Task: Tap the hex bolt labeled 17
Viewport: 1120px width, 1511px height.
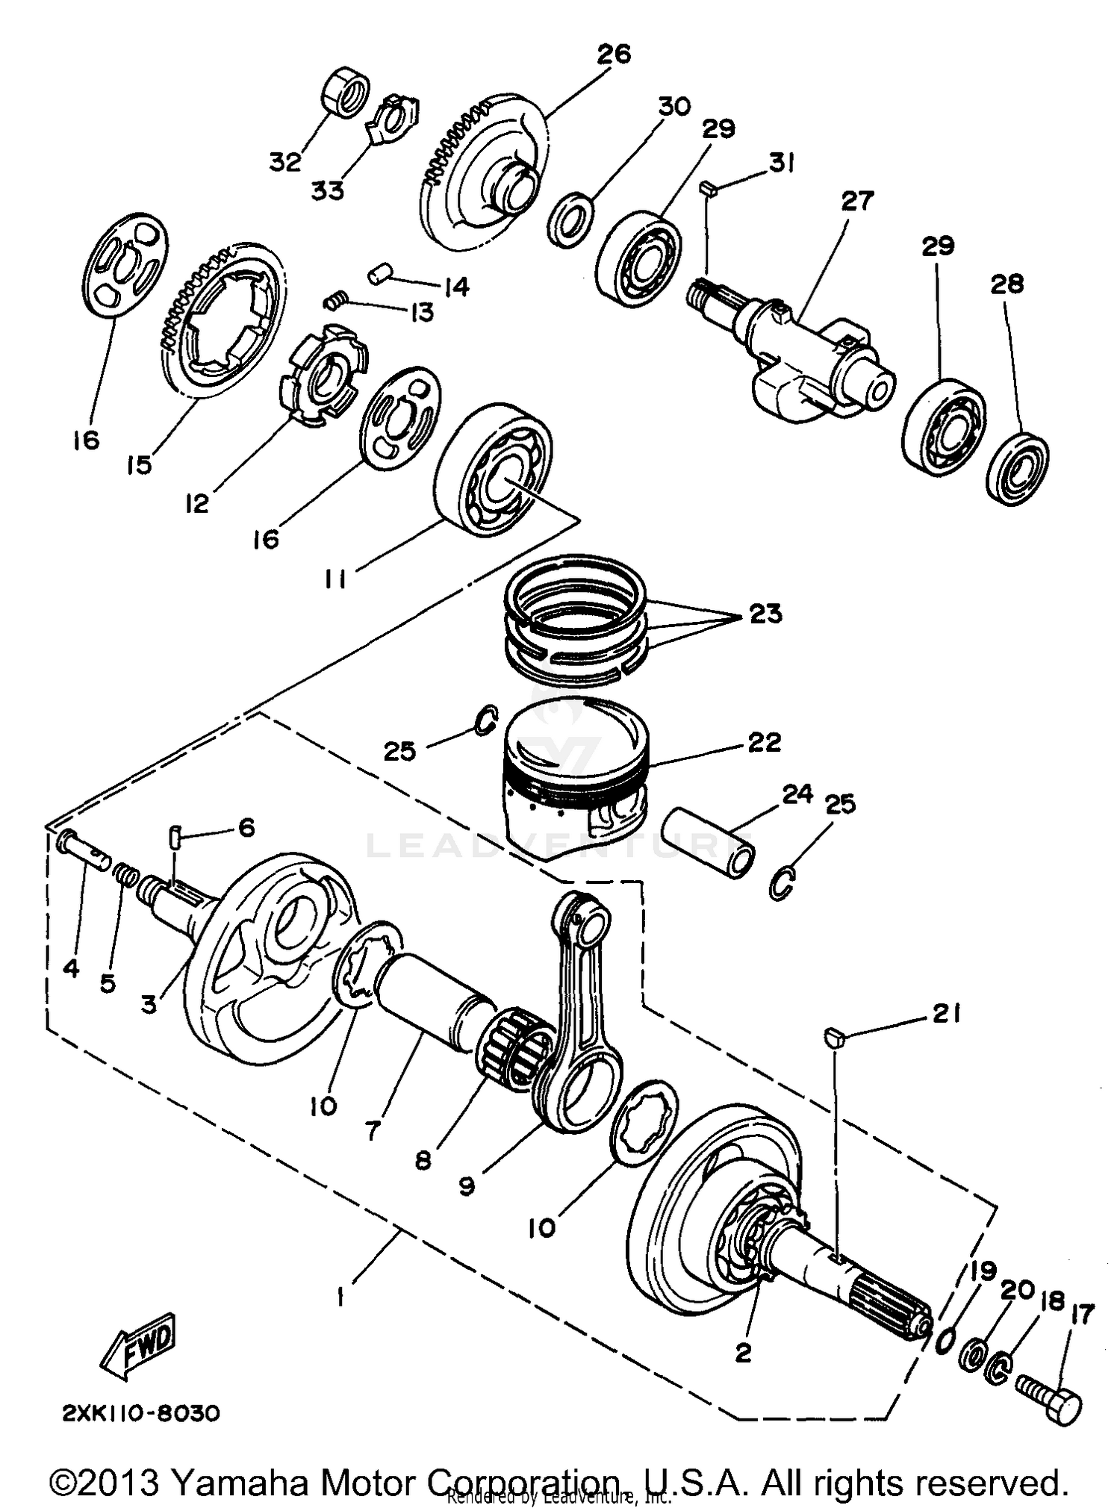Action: pos(1050,1403)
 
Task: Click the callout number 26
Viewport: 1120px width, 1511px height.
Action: pos(614,54)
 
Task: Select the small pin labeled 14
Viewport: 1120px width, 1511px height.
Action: pos(379,274)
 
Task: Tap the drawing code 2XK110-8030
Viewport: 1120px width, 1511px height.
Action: pos(140,1413)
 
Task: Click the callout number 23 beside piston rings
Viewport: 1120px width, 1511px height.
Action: pos(765,614)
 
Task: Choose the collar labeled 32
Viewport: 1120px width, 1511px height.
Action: pos(345,93)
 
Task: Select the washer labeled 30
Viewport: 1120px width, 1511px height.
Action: pos(571,219)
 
